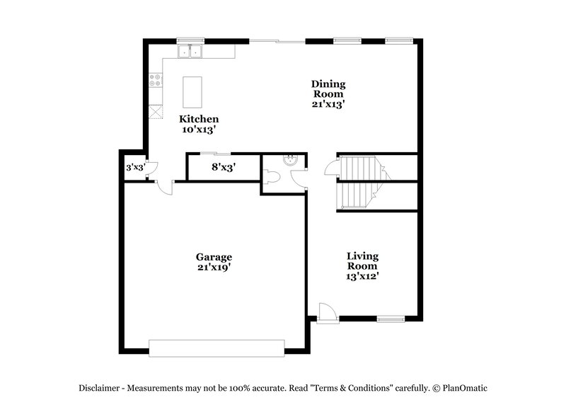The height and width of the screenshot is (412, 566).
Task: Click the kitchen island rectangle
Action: pos(192,91)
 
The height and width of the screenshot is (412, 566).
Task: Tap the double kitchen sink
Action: pos(190,51)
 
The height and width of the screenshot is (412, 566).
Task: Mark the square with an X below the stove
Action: pos(155,112)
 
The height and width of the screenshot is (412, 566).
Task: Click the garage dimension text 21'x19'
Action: pos(214,268)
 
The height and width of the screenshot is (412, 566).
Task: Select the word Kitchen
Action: pos(198,119)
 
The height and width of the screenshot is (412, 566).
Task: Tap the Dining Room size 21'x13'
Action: pos(328,104)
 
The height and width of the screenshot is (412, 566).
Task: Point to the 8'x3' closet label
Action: pos(224,168)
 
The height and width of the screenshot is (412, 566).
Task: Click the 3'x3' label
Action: pos(134,168)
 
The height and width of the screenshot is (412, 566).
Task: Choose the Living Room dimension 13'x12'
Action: pos(362,277)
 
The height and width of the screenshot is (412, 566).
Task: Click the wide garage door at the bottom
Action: pos(216,348)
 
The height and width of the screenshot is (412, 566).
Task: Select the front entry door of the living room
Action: pos(325,314)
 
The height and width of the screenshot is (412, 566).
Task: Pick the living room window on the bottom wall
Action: pos(389,319)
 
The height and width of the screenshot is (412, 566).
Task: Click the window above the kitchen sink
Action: pos(190,40)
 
